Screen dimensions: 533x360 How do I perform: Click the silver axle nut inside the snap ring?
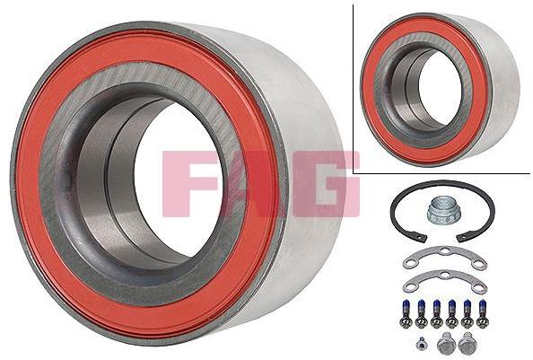tap(439, 211)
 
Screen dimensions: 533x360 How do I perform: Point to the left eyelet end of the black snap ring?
tap(422, 238)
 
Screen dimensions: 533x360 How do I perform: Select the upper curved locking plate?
tap(445, 258)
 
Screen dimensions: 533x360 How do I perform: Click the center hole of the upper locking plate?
tap(445, 251)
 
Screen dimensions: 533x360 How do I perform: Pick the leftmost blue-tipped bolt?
tap(405, 313)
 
